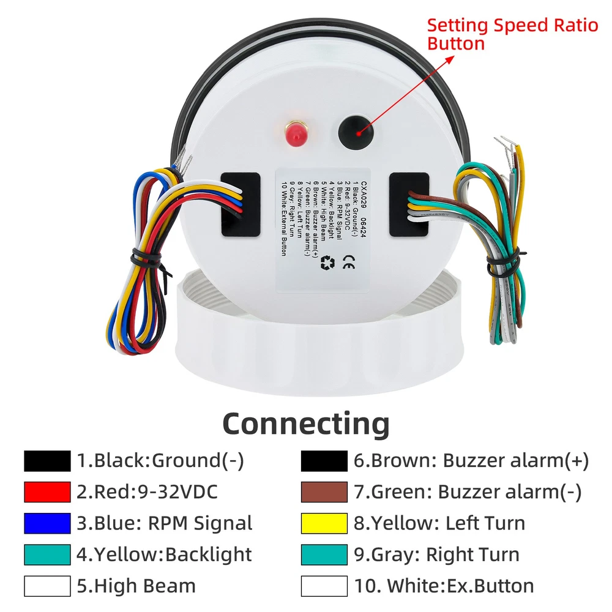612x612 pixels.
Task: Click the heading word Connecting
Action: tap(305, 423)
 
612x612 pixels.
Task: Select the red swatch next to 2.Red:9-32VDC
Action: tap(47, 492)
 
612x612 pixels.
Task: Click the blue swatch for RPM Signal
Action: tap(47, 523)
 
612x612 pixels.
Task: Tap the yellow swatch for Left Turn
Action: tap(324, 523)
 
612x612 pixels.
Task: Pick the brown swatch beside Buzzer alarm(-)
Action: tap(324, 492)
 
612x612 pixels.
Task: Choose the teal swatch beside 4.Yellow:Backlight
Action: tap(47, 554)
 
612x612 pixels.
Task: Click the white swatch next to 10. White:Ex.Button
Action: tap(324, 586)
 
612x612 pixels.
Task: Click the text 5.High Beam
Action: tap(136, 586)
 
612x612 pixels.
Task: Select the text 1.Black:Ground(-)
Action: tap(160, 461)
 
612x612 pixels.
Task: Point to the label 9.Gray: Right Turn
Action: tap(436, 555)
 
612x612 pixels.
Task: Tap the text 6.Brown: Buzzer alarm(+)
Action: tap(471, 461)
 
